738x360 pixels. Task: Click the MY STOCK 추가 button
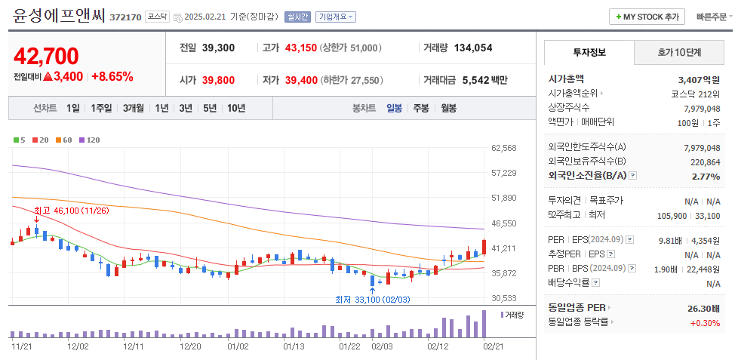point(647,17)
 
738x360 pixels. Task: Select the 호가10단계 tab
point(678,53)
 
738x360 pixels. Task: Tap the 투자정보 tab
point(589,53)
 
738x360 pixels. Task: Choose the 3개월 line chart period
point(134,108)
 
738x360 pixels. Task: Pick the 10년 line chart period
point(235,108)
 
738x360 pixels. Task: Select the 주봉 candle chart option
point(420,108)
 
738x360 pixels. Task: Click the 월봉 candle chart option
point(448,108)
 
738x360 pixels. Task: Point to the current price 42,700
point(46,56)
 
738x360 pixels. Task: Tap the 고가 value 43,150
point(301,48)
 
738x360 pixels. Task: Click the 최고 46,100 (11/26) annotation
point(71,211)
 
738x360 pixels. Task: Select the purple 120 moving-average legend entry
point(90,140)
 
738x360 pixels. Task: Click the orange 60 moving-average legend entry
point(64,140)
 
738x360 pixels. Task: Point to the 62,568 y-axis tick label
point(503,148)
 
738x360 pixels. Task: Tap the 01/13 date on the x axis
point(294,346)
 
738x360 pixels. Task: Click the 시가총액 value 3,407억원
point(699,78)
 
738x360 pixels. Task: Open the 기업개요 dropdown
point(336,17)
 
